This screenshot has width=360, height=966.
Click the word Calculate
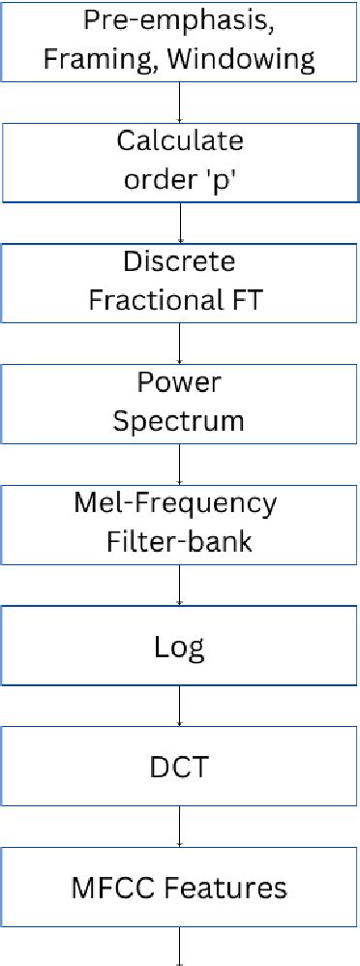180,141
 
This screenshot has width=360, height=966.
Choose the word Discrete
180,262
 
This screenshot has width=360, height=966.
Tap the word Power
180,383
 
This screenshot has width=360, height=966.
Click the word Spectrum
180,421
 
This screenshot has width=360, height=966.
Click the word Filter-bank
180,541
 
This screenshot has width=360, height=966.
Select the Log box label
180,645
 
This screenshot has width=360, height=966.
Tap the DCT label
180,766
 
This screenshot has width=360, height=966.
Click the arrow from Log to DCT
180,705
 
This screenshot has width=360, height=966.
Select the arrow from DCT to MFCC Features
180,826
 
